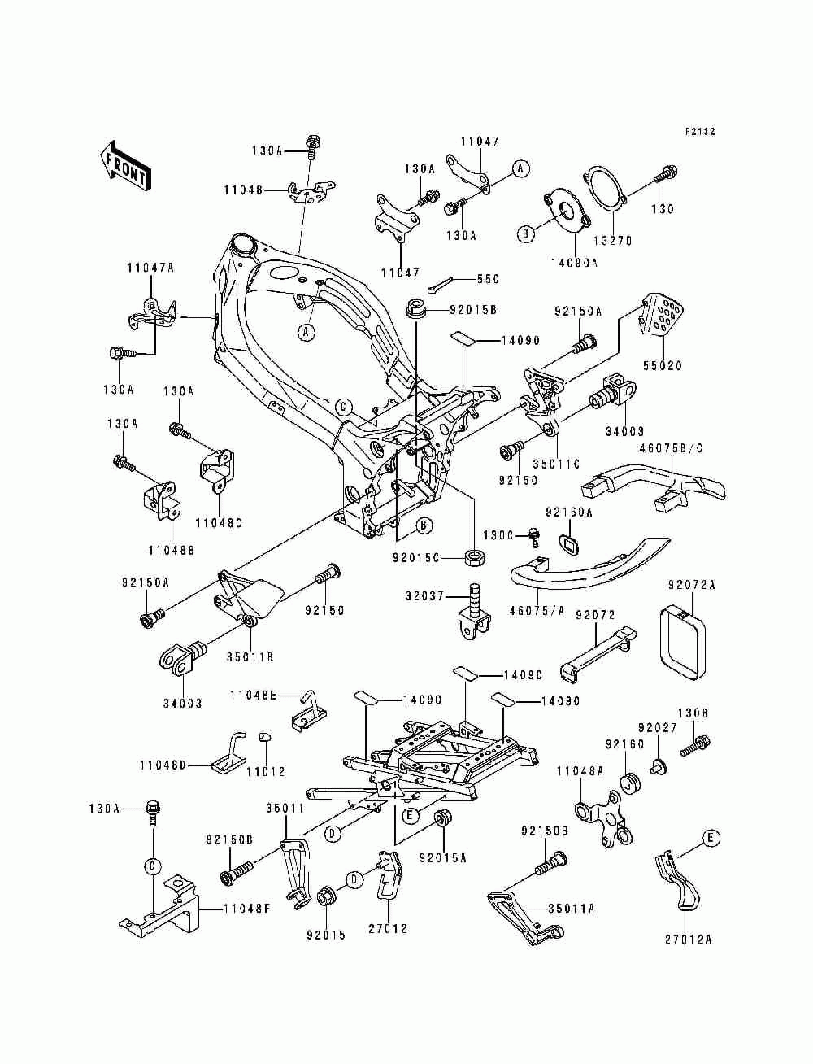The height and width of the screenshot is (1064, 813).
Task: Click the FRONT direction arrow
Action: [x=125, y=166]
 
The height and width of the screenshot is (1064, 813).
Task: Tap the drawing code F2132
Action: [x=700, y=131]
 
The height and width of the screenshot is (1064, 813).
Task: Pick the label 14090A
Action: [x=574, y=263]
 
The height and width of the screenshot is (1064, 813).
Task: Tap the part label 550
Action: [x=488, y=279]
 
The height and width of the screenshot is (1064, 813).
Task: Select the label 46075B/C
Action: [x=671, y=448]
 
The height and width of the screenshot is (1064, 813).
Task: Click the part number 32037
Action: [x=425, y=595]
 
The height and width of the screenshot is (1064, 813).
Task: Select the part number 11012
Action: [x=266, y=771]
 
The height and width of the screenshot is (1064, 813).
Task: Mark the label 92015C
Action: [x=415, y=558]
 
